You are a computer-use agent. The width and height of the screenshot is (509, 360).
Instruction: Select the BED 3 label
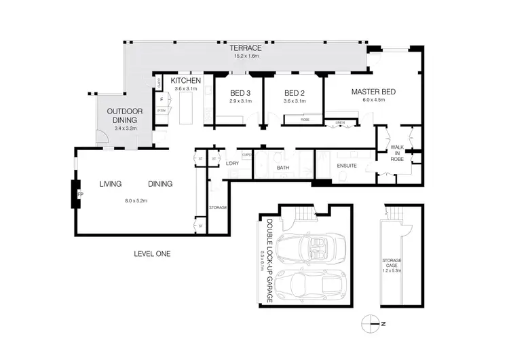pyautogui.click(x=240, y=93)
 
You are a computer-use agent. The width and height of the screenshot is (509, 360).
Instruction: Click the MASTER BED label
pyautogui.click(x=368, y=91)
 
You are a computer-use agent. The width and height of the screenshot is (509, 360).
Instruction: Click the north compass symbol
pyautogui.click(x=371, y=323)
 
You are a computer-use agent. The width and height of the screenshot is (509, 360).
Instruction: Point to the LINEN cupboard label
pyautogui.click(x=340, y=123)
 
